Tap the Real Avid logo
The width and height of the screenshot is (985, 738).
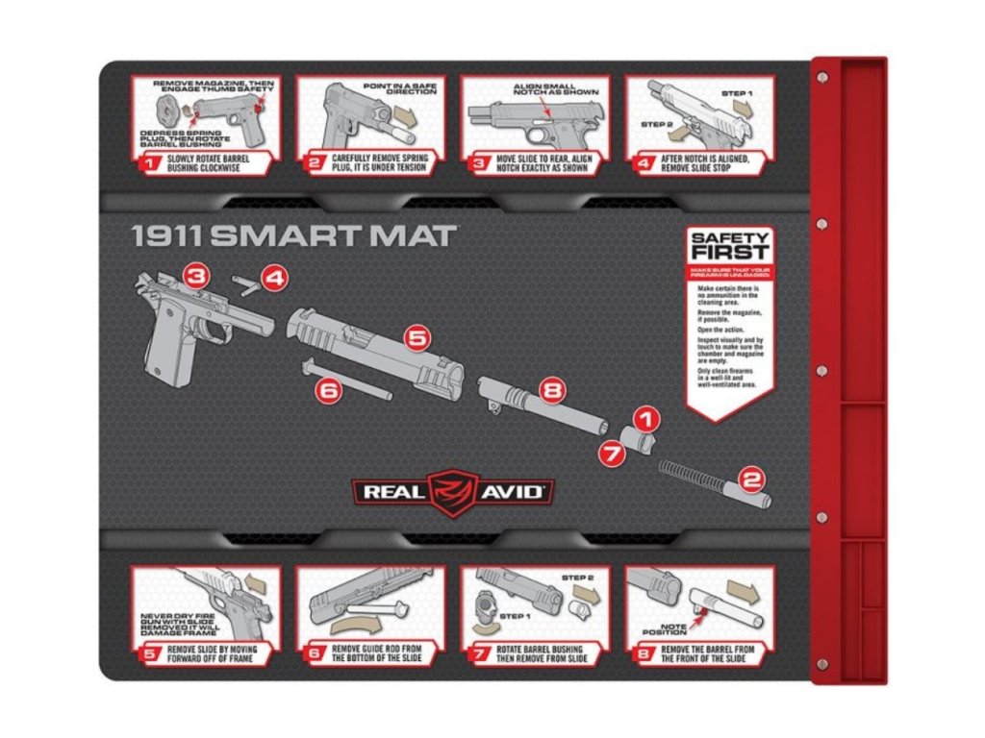[451, 491]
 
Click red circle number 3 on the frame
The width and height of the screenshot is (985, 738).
[196, 278]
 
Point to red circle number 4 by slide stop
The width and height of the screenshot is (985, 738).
[274, 280]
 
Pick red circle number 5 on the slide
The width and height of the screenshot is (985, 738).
[417, 338]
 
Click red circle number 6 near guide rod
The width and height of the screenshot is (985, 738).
[329, 390]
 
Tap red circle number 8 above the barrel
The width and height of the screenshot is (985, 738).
[550, 390]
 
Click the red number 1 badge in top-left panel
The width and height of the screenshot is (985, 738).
[148, 163]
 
